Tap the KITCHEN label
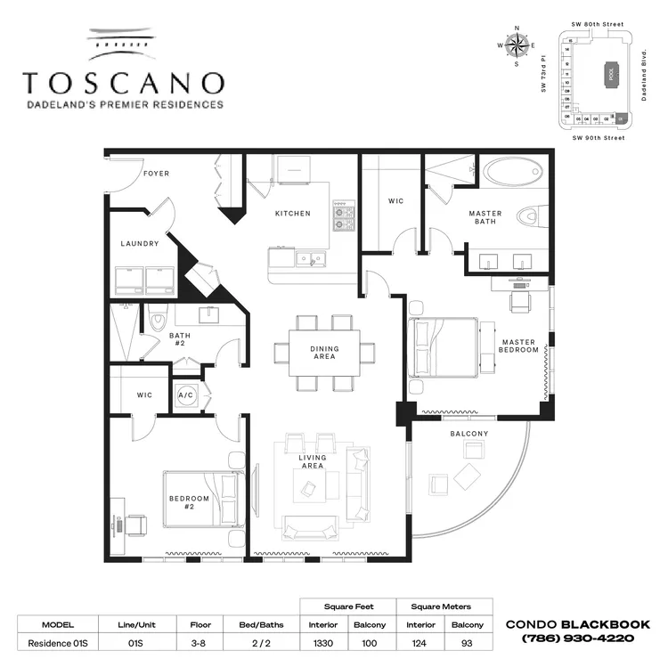pos(292,213)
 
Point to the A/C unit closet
pos(187,395)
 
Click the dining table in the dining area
pos(323,352)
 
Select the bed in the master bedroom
pos(445,350)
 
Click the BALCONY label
pos(468,434)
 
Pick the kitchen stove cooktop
pos(343,215)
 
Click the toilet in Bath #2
pos(157,319)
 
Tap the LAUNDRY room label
pos(140,243)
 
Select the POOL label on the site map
pos(611,75)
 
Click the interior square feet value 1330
pos(323,643)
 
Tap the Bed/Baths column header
pos(262,624)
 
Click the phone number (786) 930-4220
pos(578,639)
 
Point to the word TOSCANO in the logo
pos(123,83)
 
